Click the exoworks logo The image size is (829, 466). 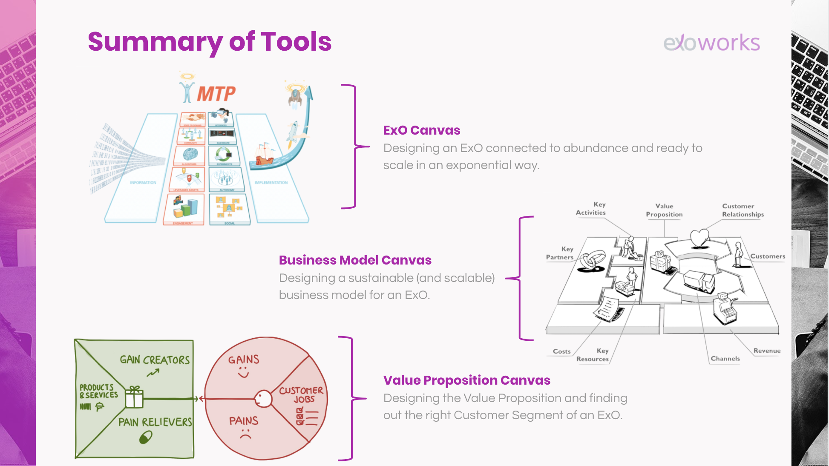pos(711,43)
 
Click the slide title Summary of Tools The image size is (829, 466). pos(210,42)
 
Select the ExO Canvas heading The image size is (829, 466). pos(422,130)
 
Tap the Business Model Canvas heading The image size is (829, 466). pos(355,260)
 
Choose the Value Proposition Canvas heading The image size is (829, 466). pos(466,380)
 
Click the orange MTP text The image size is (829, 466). pos(216,94)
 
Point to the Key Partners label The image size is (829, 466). pos(560,253)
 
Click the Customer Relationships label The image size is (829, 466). pos(743,210)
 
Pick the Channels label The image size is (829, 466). pos(725,359)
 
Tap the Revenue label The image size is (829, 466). pos(767,351)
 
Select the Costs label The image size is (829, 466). pos(561,351)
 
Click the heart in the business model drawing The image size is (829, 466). pos(699,238)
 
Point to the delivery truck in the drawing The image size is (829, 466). pos(699,281)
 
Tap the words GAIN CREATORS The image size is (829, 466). pos(155,360)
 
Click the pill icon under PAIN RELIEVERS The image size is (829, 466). pos(146,437)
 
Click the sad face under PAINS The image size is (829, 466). pos(245,435)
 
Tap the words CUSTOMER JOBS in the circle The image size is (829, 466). pos(302,395)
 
